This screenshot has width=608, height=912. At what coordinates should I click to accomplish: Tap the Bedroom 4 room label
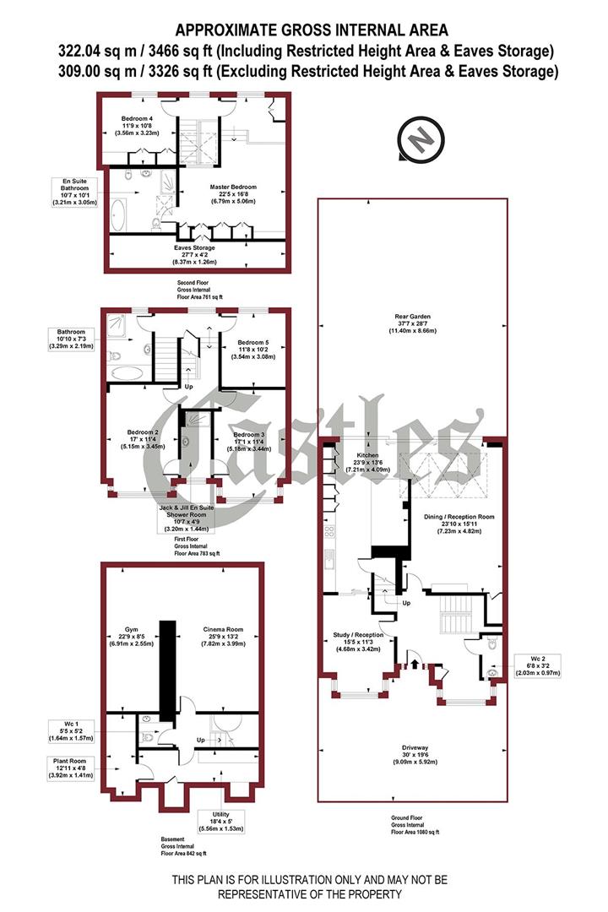[x=138, y=124]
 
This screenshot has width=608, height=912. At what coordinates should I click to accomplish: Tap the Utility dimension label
[x=220, y=820]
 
